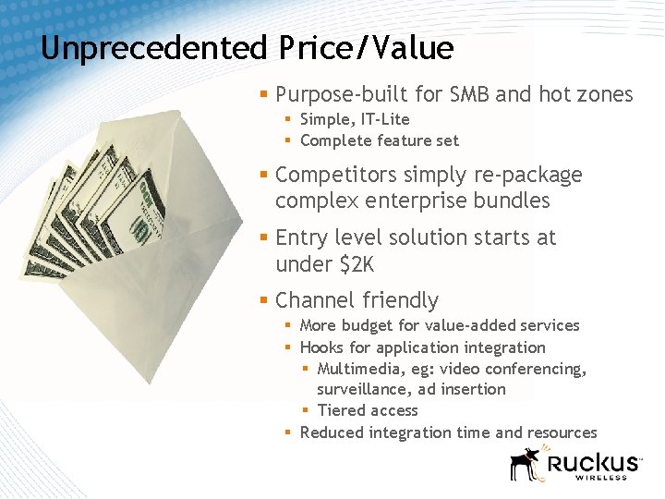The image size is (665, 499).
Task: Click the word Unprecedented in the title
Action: pos(153,48)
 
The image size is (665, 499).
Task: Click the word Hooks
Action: pos(321,347)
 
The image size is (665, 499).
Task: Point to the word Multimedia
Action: pos(360,370)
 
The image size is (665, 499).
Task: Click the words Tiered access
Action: pos(368,410)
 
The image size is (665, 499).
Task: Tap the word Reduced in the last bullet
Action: pos(332,432)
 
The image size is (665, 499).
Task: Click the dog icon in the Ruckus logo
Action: pos(526,464)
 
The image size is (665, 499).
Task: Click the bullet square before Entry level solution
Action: pos(264,237)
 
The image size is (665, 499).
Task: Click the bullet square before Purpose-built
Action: pos(264,94)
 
